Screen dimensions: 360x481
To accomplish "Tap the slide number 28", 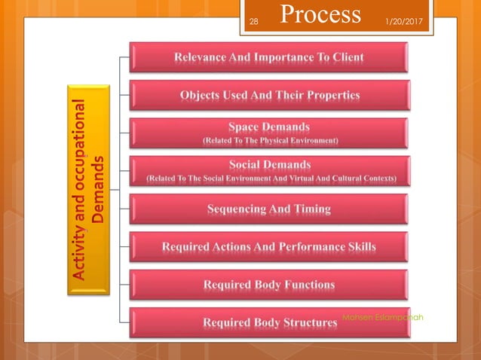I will (x=253, y=22).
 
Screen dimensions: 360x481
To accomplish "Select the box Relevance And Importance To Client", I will (x=269, y=57).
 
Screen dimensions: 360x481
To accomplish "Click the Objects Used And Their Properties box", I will (x=269, y=96).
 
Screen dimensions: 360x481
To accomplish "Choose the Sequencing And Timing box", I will (x=269, y=209).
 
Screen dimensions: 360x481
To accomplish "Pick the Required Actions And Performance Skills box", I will (x=269, y=246).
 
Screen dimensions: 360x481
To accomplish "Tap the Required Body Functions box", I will (x=269, y=285).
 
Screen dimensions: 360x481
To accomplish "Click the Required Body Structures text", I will (x=269, y=323).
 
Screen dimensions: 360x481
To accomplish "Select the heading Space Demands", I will (x=269, y=127).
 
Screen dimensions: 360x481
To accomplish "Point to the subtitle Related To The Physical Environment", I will (x=269, y=140).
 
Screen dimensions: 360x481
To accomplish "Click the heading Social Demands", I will (x=269, y=164).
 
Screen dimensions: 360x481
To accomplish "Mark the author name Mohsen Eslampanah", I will (x=382, y=317).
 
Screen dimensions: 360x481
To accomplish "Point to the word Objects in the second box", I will (x=201, y=96).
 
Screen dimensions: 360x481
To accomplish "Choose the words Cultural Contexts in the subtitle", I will (x=372, y=178).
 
